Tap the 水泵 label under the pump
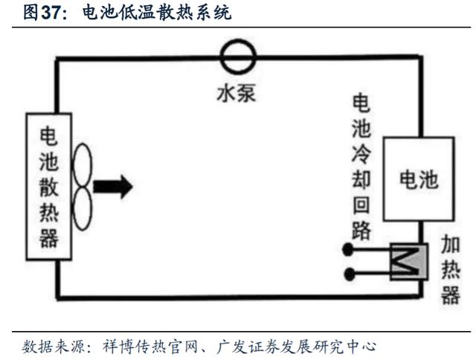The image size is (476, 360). (x=237, y=92)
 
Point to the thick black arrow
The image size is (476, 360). (x=112, y=187)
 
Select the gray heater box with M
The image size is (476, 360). (x=409, y=261)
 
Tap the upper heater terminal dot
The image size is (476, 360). (x=348, y=249)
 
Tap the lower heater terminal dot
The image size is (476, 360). (x=350, y=274)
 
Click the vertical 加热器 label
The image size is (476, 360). (x=451, y=269)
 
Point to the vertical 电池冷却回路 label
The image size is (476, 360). (x=361, y=167)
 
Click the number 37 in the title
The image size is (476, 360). (x=51, y=13)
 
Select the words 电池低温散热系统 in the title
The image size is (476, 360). (x=157, y=13)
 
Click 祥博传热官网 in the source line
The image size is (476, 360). (x=150, y=347)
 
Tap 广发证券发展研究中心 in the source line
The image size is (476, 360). (x=296, y=347)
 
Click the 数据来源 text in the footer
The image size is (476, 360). (x=54, y=347)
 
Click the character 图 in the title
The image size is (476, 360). (x=30, y=13)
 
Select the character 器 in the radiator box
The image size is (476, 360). (x=49, y=238)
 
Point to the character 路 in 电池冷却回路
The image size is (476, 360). (x=361, y=231)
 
